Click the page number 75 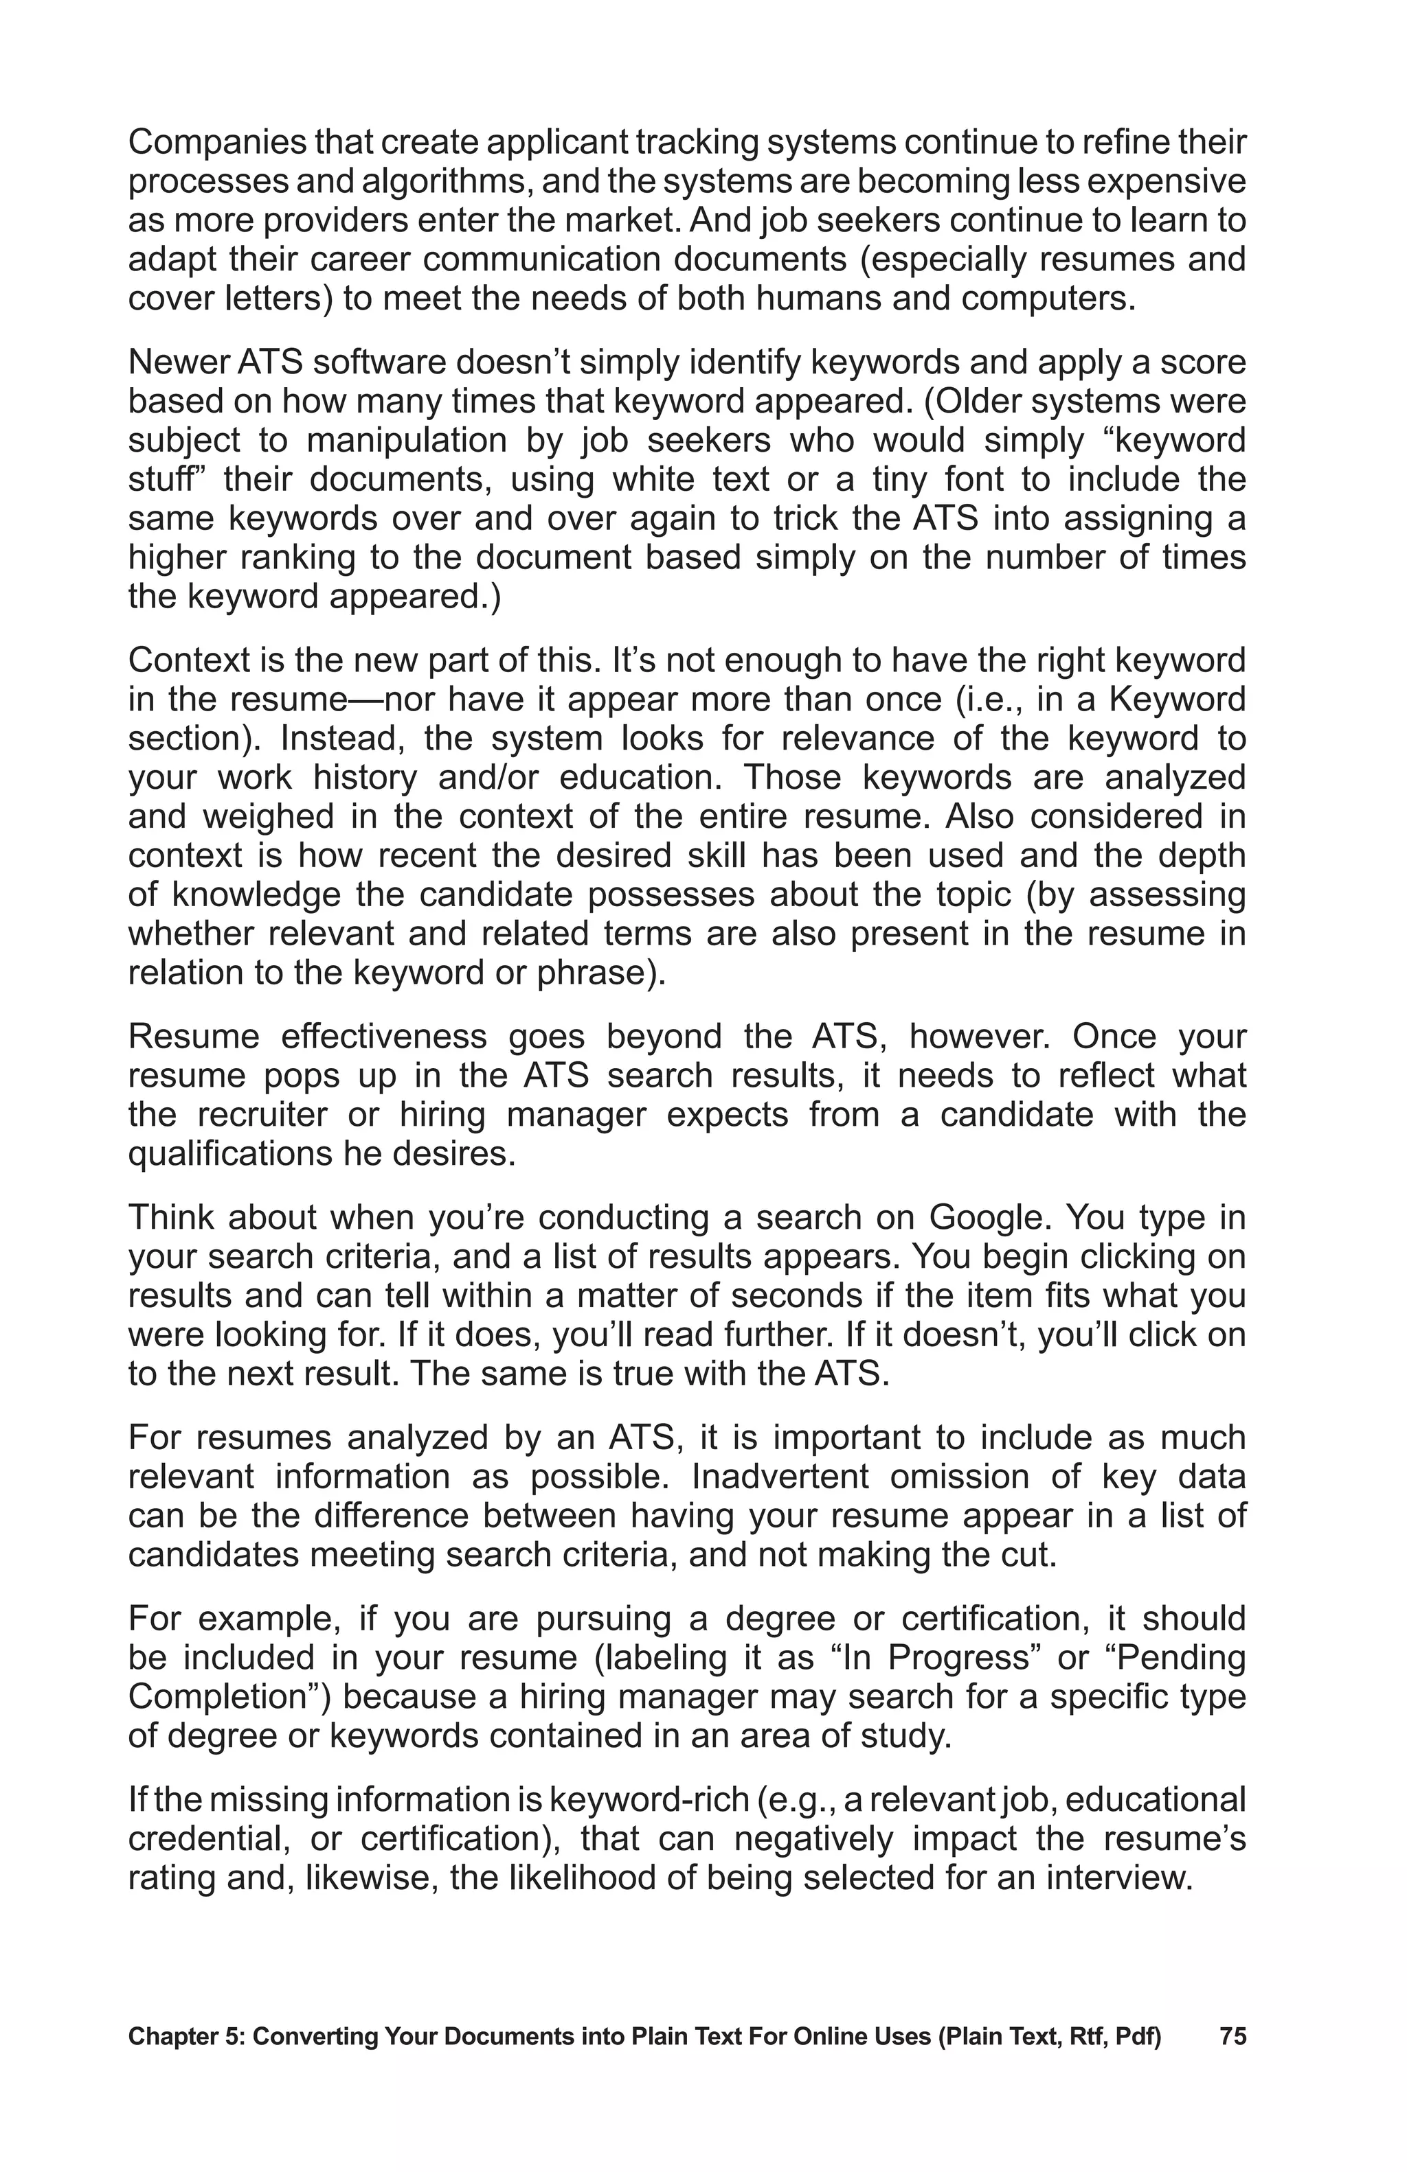pos(1232,2036)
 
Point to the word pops pos(300,1076)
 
